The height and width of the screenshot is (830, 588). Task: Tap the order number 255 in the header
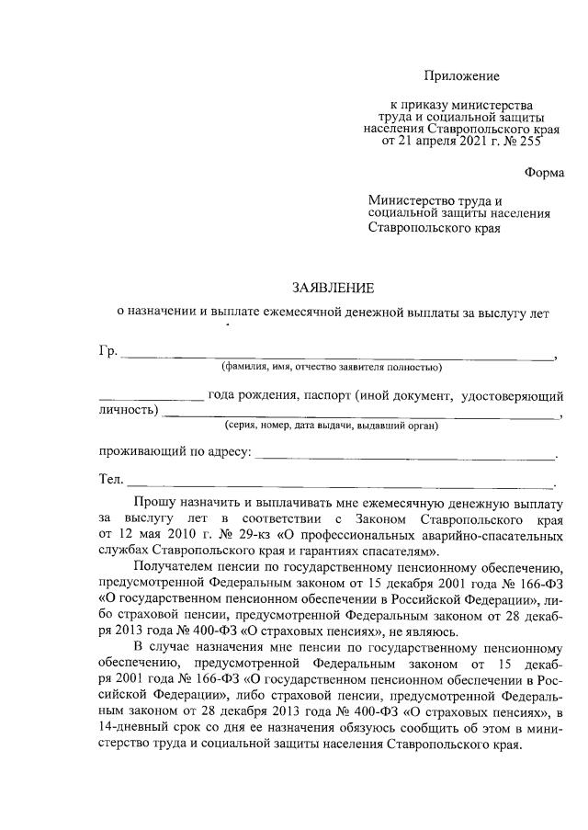530,142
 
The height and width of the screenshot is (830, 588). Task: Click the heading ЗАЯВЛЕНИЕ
333,288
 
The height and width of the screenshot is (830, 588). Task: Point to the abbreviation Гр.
107,353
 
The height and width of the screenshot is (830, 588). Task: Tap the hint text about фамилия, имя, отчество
332,368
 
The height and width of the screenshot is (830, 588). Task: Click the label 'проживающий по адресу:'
174,452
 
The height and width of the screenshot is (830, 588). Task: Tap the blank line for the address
404,456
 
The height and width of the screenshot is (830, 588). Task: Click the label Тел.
110,479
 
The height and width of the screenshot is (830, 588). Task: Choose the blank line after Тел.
340,483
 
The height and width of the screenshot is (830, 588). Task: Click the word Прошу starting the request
157,505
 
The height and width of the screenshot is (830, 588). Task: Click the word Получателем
175,567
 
